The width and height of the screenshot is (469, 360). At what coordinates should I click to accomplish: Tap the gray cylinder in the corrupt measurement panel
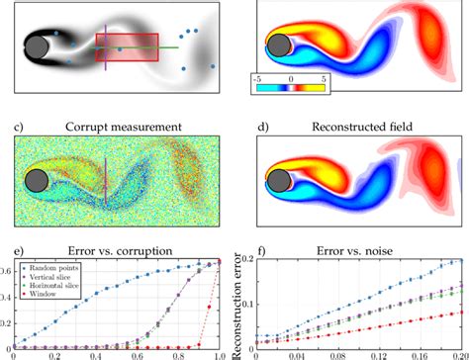click(38, 180)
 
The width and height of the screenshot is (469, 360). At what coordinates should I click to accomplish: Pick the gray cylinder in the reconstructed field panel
click(280, 179)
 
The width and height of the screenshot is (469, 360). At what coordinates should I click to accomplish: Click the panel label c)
click(19, 127)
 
